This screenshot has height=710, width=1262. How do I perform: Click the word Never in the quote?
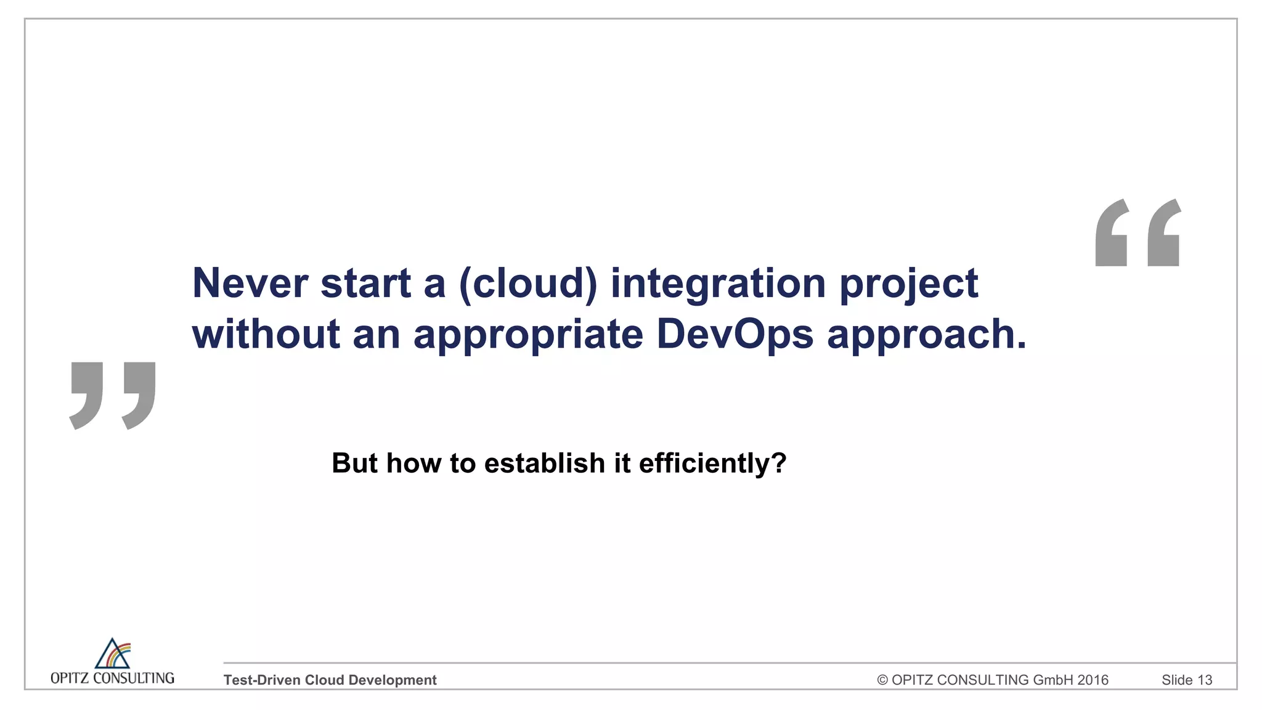(x=250, y=284)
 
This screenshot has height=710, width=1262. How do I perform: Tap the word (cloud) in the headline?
(x=528, y=284)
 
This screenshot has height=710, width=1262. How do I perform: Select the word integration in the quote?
(x=718, y=284)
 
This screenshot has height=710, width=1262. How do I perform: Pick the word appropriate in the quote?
(x=528, y=335)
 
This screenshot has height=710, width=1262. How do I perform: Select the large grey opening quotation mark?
(x=1138, y=233)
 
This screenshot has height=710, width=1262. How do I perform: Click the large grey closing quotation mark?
(x=113, y=395)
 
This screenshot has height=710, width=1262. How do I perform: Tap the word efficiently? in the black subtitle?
(x=712, y=463)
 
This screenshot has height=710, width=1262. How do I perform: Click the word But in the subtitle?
(x=354, y=463)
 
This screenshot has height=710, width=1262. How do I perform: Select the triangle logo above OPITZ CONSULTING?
(x=113, y=653)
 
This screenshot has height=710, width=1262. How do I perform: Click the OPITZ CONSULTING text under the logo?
(x=112, y=678)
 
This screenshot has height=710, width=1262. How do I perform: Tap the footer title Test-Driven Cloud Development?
(x=330, y=680)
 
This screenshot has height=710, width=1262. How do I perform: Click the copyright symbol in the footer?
(x=882, y=680)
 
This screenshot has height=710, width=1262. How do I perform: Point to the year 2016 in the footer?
(x=1093, y=680)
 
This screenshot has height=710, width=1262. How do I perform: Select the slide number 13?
(x=1205, y=680)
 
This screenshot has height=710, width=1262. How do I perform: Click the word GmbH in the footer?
(x=1053, y=680)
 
